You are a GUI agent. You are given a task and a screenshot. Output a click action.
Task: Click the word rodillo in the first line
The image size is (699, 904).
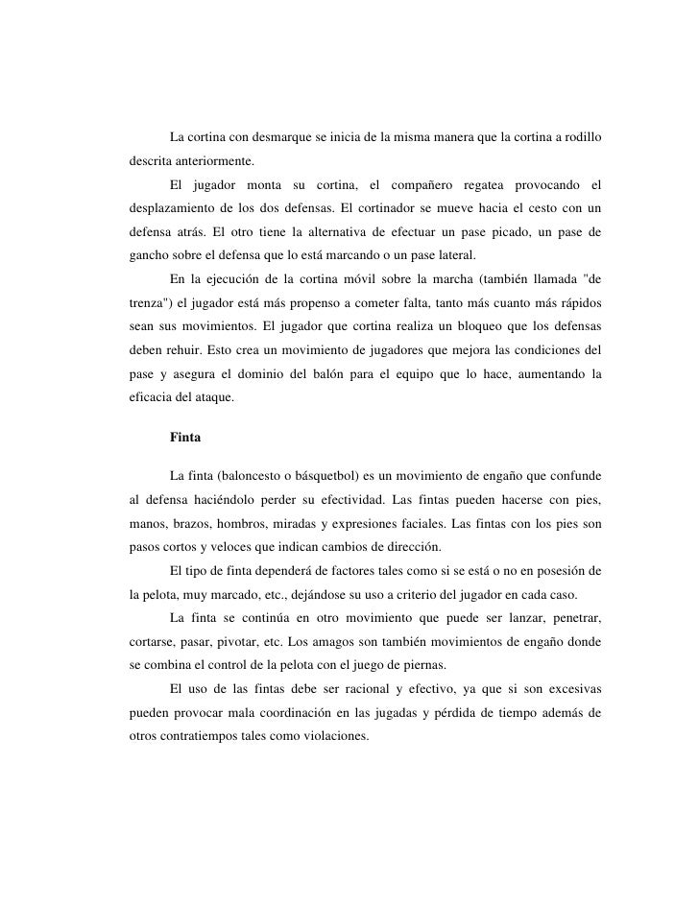(579, 134)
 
